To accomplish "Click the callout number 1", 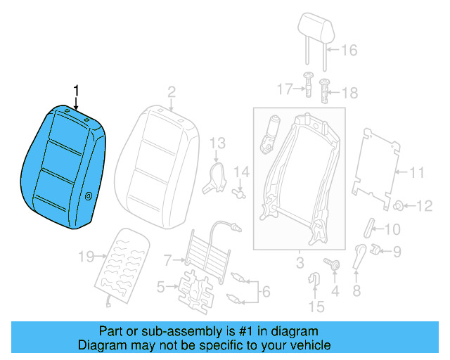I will coord(77,90).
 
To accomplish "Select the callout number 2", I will coord(171,91).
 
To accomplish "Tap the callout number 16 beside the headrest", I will coord(349,50).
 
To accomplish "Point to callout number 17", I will coord(283,89).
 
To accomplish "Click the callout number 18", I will coord(349,93).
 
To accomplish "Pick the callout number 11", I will coord(417,172).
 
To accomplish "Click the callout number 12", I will coord(424,206).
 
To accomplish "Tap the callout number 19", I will coord(86,257).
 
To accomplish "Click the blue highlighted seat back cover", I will coord(63,169).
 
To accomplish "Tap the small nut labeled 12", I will coord(397,205).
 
